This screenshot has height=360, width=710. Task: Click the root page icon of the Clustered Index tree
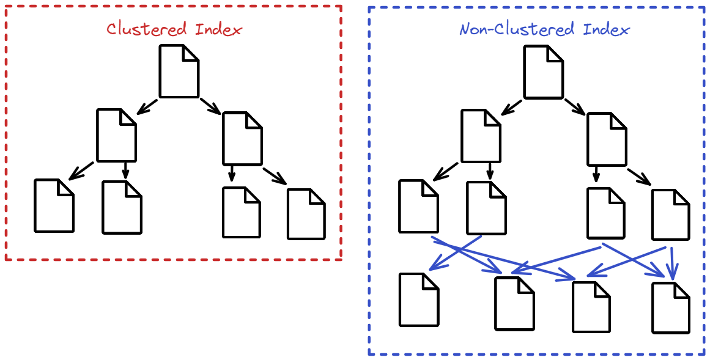tap(179, 71)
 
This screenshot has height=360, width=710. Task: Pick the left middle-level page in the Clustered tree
tap(116, 135)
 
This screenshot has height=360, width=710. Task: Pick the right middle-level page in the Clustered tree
tap(242, 138)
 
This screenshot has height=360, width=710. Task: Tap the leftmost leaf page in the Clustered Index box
tap(54, 205)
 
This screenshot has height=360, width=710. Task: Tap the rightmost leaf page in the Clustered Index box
tap(306, 214)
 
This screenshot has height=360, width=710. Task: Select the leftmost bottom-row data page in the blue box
tap(419, 299)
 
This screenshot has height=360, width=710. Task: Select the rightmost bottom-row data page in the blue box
tap(671, 307)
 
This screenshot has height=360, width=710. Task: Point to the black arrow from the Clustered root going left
tap(147, 106)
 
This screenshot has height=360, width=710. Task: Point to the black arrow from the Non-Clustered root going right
tap(575, 106)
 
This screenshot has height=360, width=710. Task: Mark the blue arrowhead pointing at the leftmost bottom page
tap(435, 266)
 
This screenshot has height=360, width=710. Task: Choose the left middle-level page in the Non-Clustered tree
tap(481, 135)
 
